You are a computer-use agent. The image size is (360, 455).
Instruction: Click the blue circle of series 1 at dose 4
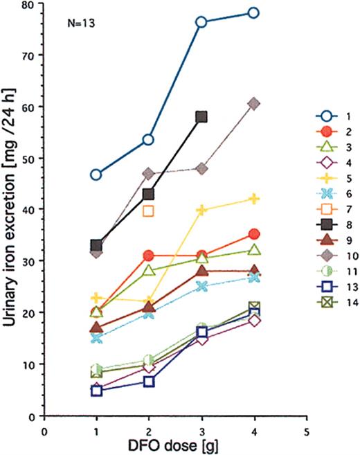253,12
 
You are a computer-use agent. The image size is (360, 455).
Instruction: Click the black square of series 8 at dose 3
201,117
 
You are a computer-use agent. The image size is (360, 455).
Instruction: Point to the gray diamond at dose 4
253,104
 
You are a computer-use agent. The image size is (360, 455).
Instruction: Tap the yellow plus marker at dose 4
253,199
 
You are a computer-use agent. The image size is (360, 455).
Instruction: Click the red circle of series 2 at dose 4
253,235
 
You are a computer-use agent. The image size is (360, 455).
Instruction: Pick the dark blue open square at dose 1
96,391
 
